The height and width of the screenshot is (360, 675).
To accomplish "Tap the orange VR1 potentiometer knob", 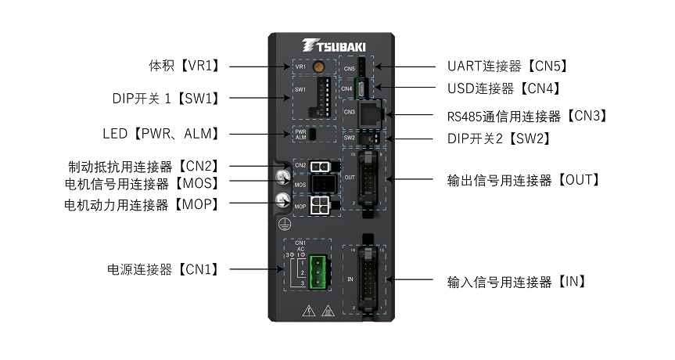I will click(x=318, y=67).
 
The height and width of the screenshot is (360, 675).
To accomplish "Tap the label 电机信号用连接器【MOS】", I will click(x=141, y=184).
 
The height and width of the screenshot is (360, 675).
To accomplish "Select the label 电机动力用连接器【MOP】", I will click(x=141, y=205).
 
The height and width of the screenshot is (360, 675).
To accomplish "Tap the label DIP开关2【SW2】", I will click(x=493, y=139).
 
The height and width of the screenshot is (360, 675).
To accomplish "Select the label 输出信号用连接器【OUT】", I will click(x=523, y=180).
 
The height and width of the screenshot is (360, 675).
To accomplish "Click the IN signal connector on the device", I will click(x=365, y=279).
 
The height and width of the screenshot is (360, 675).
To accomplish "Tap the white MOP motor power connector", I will click(x=319, y=205).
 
